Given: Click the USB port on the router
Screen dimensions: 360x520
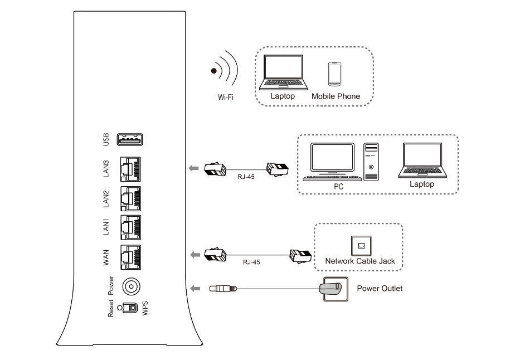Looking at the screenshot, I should [129, 140].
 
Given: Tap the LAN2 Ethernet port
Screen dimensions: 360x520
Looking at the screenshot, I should [129, 198].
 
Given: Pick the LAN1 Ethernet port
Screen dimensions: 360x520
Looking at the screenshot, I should [129, 227].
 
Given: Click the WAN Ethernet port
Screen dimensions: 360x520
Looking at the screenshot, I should [129, 257].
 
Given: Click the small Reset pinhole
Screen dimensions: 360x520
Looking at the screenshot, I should [119, 308].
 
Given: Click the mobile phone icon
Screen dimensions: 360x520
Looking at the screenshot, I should [334, 73].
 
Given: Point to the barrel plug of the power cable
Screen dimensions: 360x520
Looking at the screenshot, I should [222, 289].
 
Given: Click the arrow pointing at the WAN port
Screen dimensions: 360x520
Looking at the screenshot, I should [195, 255].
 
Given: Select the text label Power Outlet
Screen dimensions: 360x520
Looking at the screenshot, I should [379, 289].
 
